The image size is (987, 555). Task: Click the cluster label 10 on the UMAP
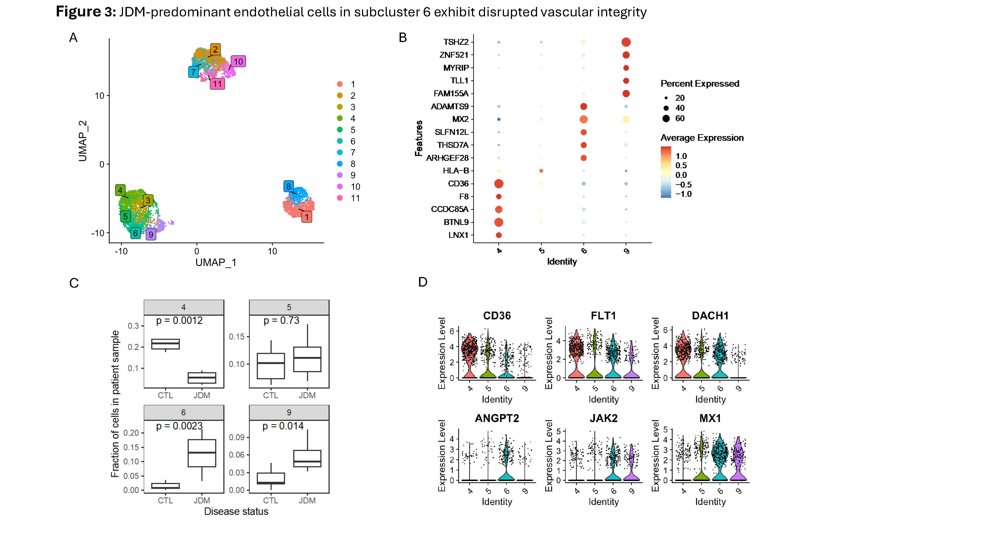(x=238, y=61)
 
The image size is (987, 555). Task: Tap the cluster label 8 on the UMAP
(x=289, y=187)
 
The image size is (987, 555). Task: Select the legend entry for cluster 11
(x=355, y=198)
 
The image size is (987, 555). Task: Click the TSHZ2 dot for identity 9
(x=626, y=42)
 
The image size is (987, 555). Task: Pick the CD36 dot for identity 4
(x=498, y=184)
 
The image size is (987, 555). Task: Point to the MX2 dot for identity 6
(x=584, y=119)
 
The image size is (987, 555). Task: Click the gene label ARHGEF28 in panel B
(x=447, y=158)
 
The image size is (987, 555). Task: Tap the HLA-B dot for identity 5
(x=541, y=171)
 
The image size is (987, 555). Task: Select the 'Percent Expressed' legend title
(x=700, y=83)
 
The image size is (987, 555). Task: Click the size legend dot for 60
(x=666, y=118)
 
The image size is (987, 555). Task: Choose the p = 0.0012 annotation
(x=179, y=320)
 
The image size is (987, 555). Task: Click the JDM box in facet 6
(x=202, y=453)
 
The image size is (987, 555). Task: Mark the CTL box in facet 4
(x=166, y=344)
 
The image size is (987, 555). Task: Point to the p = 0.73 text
(x=281, y=320)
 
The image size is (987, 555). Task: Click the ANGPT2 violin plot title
(x=497, y=418)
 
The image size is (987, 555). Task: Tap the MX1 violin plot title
(x=710, y=418)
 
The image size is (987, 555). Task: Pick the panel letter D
(x=423, y=282)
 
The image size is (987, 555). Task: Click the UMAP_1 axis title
(x=216, y=262)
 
